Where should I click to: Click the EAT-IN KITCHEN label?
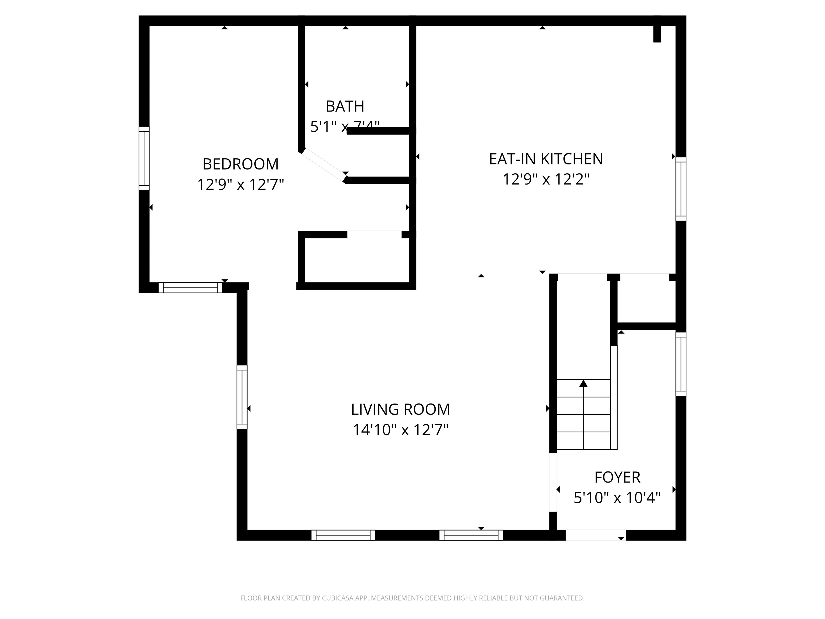[546, 159]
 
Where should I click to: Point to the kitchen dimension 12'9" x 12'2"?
[546, 179]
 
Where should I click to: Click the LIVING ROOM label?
[400, 410]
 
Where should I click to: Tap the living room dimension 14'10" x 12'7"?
[400, 430]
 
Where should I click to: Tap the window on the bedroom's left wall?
[144, 159]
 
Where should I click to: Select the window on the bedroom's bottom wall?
[190, 288]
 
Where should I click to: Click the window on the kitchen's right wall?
[681, 189]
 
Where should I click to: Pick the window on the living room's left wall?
[242, 397]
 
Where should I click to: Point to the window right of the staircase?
[681, 364]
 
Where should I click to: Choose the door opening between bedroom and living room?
[273, 286]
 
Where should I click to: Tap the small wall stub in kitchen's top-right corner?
[657, 34]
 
